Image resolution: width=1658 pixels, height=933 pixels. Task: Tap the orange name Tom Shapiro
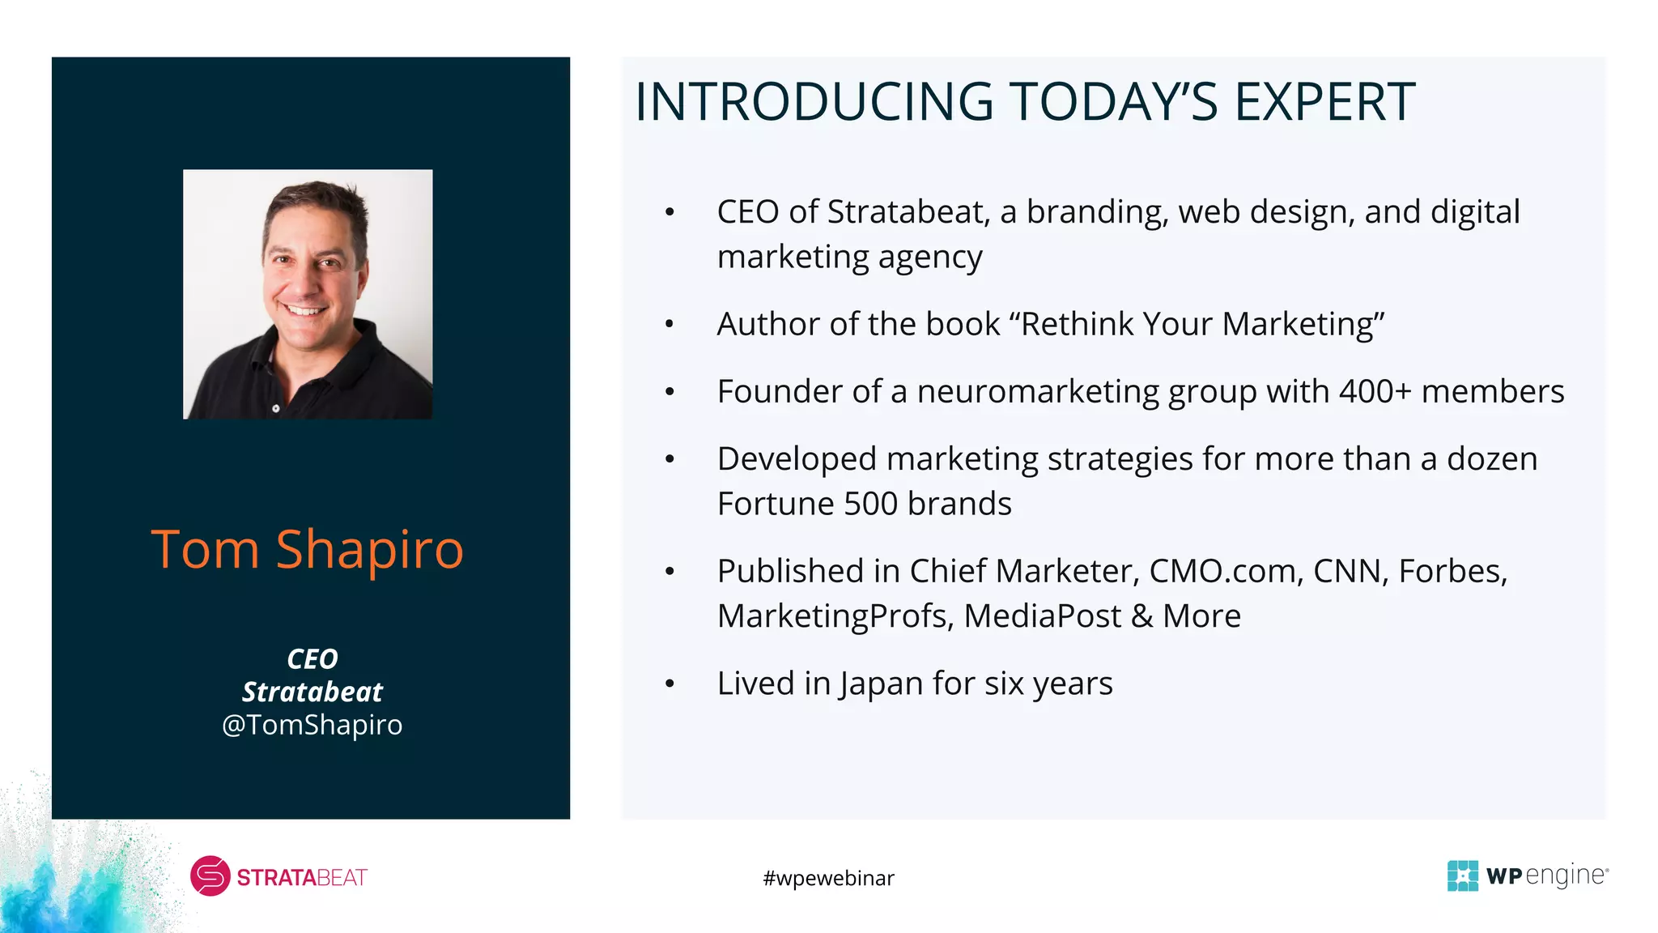pyautogui.click(x=308, y=550)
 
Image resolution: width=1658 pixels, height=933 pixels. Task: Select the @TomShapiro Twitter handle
pyautogui.click(x=312, y=724)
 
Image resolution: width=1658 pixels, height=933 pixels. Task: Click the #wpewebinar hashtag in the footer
pyautogui.click(x=828, y=878)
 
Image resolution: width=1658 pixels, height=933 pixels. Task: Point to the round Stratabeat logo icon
pyautogui.click(x=210, y=876)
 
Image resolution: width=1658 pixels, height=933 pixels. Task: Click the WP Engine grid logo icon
pyautogui.click(x=1462, y=875)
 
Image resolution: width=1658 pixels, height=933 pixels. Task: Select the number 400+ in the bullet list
pyautogui.click(x=1375, y=391)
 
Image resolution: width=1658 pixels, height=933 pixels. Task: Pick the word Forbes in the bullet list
pyautogui.click(x=1452, y=571)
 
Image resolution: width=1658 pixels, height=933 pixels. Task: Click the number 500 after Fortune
pyautogui.click(x=871, y=504)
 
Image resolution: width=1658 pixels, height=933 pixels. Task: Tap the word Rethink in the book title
pyautogui.click(x=1077, y=324)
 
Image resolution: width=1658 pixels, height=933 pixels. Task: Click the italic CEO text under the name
pyautogui.click(x=312, y=658)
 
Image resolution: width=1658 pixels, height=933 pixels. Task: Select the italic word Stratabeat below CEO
pyautogui.click(x=312, y=692)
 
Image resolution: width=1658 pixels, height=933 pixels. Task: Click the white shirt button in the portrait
pyautogui.click(x=276, y=408)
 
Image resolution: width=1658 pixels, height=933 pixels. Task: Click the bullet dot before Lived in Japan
pyautogui.click(x=670, y=684)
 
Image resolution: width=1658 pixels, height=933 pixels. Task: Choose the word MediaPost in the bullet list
pyautogui.click(x=1042, y=616)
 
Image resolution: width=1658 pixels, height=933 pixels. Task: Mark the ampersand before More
pyautogui.click(x=1141, y=616)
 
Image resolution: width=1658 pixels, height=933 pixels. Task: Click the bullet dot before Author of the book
pyautogui.click(x=670, y=325)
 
